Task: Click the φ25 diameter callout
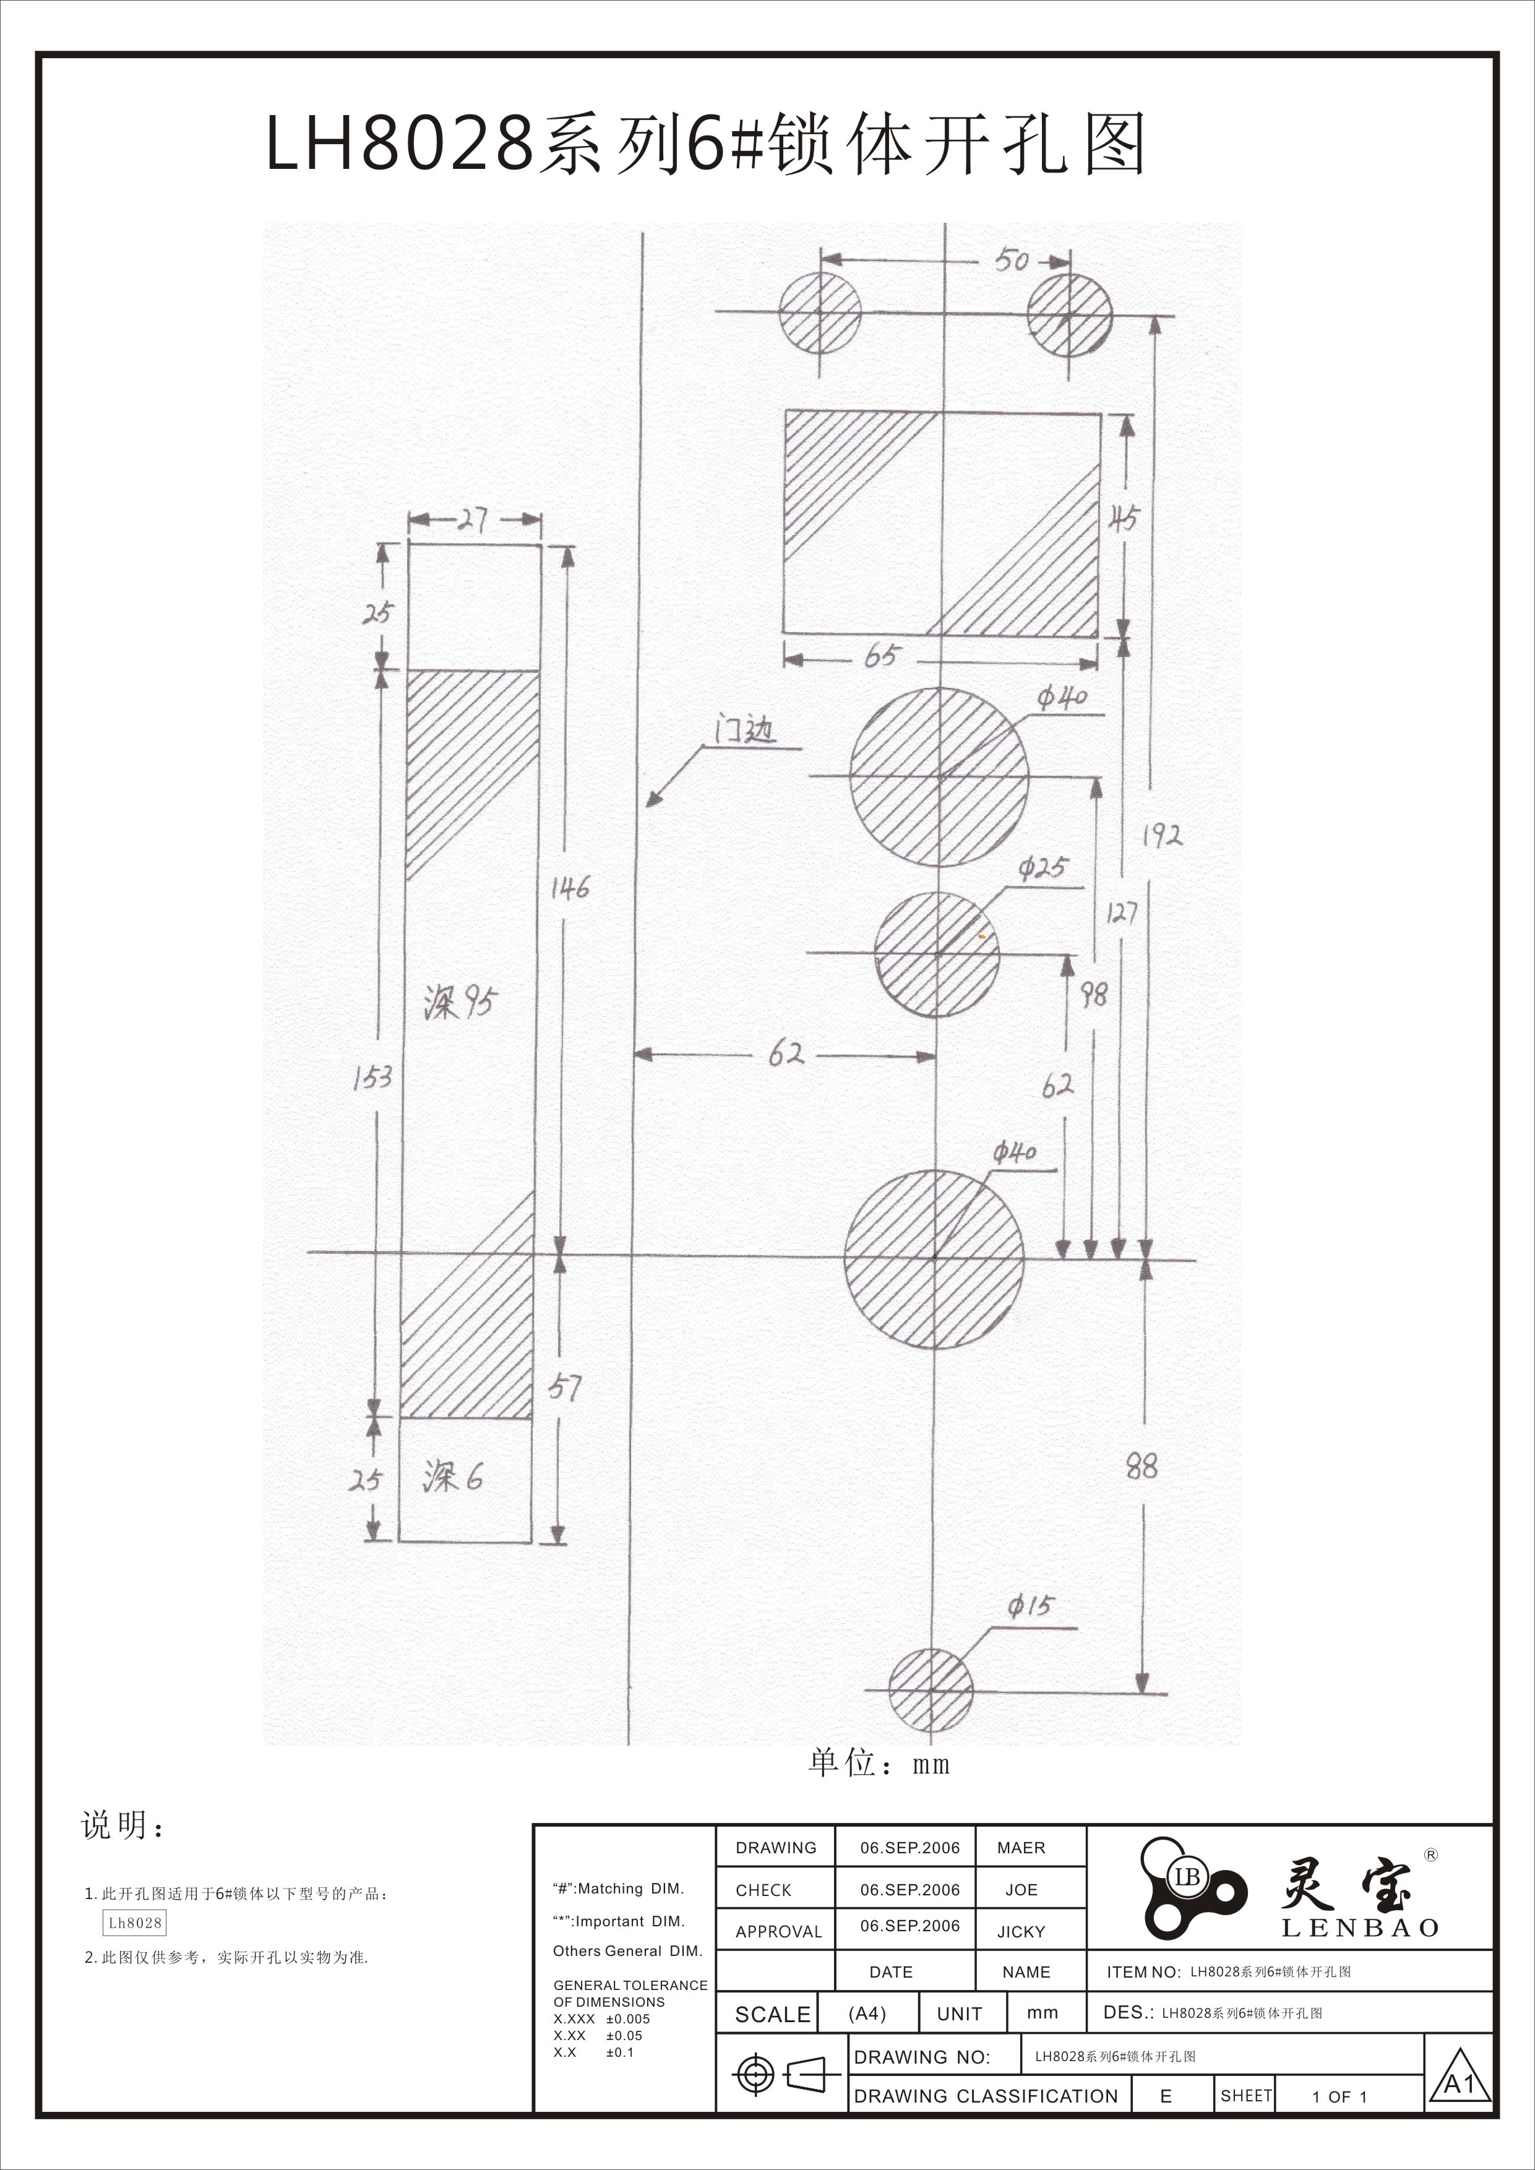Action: click(1043, 868)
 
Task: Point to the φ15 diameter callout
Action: click(1030, 1606)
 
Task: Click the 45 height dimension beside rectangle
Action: click(1124, 518)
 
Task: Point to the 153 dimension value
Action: click(372, 1076)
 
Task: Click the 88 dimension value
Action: click(1141, 1467)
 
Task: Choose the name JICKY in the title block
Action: click(1021, 1932)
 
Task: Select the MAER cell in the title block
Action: click(1021, 1848)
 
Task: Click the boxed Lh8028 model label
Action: click(135, 1923)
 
